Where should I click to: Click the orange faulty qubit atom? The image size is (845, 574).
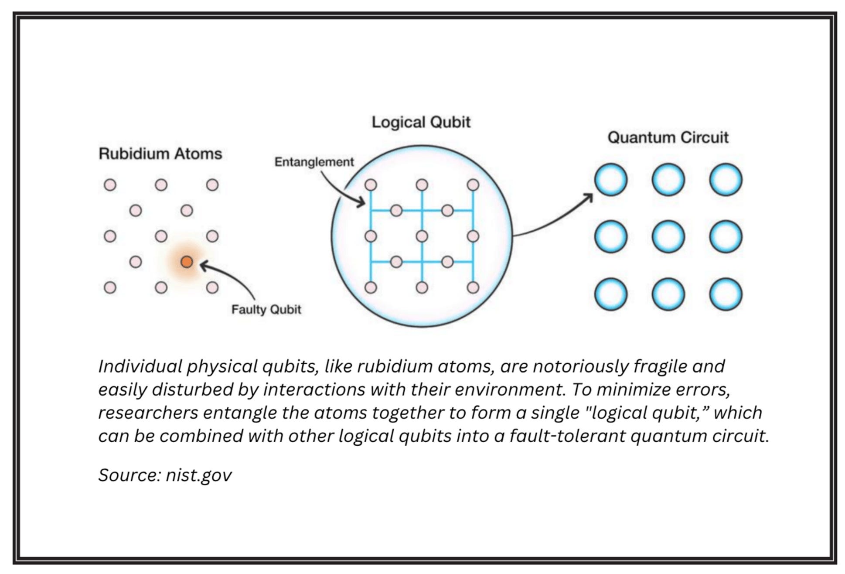point(187,262)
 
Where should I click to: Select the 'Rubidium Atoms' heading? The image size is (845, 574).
point(160,154)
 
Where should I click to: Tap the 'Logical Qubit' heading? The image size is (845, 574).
point(421,122)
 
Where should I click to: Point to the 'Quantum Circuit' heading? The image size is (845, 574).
point(668,137)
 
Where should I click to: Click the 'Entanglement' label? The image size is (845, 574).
point(314,162)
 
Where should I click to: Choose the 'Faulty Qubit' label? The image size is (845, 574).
point(266,309)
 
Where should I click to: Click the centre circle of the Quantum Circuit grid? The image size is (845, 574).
point(668,236)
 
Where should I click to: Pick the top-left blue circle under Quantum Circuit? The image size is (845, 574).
point(611,179)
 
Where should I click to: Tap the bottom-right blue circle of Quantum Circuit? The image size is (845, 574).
point(726,294)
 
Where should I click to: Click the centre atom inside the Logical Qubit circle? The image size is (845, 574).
point(422,236)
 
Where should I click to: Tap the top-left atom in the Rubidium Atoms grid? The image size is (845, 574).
point(110,185)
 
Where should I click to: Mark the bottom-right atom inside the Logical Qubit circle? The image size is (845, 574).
point(473,287)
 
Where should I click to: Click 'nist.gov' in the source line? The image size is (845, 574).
point(198,475)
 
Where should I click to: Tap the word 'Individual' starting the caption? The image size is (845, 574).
point(140,366)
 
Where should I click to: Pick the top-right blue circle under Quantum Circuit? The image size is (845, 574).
point(726,179)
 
